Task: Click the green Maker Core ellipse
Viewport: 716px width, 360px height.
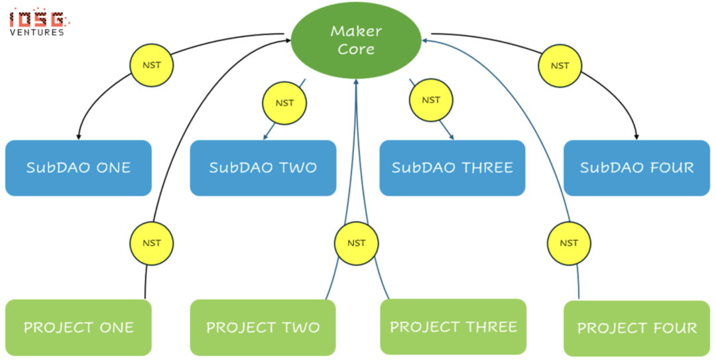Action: (356, 40)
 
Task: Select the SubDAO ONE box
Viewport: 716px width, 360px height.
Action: (78, 168)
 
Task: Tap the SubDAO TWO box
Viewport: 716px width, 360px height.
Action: (263, 168)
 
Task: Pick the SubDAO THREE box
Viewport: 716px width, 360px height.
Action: (452, 168)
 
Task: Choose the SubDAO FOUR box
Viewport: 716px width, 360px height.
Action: (636, 168)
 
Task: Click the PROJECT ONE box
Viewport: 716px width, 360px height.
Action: (78, 328)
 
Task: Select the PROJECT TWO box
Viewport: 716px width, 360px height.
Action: (263, 328)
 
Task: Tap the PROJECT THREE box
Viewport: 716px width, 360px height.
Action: (453, 327)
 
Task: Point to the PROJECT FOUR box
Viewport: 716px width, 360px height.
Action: (636, 328)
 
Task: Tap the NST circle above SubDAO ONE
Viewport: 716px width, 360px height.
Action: (151, 66)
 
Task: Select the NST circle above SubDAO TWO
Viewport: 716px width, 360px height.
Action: (284, 103)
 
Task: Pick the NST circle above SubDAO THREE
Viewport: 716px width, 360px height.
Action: (431, 100)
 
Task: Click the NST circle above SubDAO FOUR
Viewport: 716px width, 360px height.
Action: (560, 66)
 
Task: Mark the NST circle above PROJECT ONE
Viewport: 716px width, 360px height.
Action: (151, 243)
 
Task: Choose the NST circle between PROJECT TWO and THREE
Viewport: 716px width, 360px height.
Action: (356, 243)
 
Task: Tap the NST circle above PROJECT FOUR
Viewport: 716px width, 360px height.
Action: (569, 243)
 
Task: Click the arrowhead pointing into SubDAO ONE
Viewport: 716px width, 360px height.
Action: (79, 136)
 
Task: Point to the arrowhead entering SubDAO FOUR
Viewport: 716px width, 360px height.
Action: (636, 136)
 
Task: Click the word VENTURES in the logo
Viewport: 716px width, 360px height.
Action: (37, 32)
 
